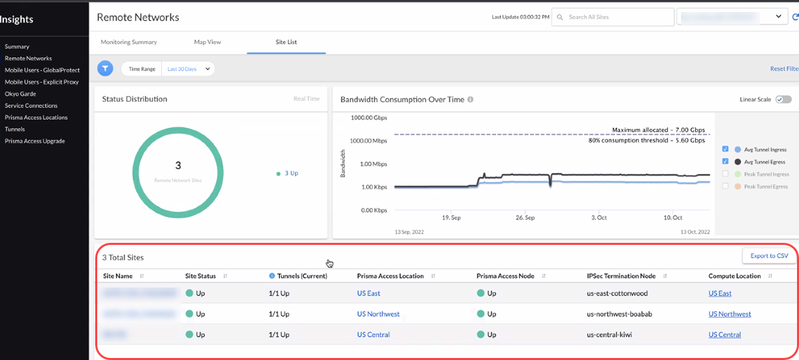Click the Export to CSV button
tap(769, 256)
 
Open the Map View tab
tap(207, 42)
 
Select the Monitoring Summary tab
tap(129, 42)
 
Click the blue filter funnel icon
tap(105, 69)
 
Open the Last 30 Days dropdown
tap(188, 69)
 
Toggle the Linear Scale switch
tap(783, 99)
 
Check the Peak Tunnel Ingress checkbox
tap(726, 174)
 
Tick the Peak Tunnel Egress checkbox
tap(726, 186)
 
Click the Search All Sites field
tap(613, 17)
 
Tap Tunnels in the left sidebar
tap(15, 129)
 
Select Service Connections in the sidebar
tap(31, 106)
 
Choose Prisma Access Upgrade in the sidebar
tap(35, 141)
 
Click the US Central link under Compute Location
tap(724, 335)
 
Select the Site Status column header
tap(200, 275)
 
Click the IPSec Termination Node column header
tap(621, 275)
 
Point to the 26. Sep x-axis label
tap(525, 218)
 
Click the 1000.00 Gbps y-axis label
tap(368, 118)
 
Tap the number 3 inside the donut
tap(178, 165)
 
